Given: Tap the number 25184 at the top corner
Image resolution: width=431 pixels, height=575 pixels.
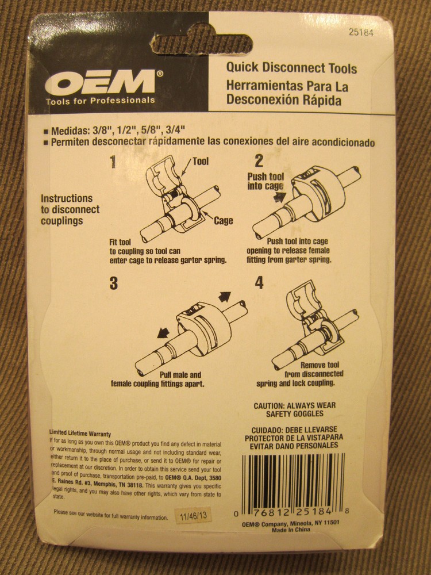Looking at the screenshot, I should coord(361,33).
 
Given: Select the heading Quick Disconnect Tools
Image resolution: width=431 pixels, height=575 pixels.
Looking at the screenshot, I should coord(291,68).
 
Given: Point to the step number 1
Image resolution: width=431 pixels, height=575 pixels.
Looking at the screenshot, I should coord(113,162).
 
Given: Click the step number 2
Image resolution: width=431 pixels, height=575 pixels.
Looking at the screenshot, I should coord(259,161).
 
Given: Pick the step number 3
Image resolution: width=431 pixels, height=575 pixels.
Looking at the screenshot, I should coord(113,283).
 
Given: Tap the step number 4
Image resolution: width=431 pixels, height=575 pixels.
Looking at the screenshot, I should coord(259,283).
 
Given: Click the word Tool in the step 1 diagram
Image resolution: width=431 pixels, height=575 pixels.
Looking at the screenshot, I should coord(201,162).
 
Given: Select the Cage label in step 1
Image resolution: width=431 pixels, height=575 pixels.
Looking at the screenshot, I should coord(223,220).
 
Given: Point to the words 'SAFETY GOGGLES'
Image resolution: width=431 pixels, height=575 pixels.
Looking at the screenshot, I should coord(295,413).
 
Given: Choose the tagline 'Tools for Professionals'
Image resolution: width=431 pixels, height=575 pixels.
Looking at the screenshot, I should coord(100,100).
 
